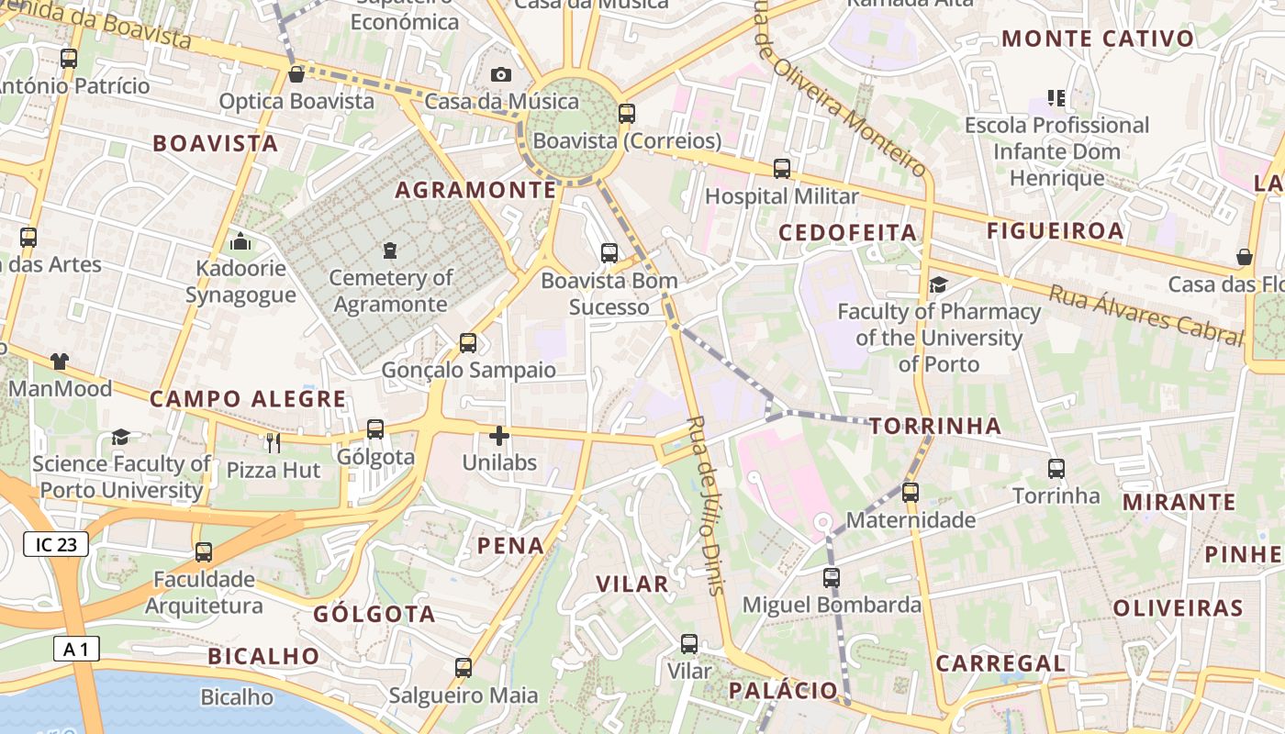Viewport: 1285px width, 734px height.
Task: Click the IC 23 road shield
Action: pos(56,545)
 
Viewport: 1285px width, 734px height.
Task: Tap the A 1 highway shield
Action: pos(76,650)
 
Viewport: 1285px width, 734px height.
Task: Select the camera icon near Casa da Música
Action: pos(500,74)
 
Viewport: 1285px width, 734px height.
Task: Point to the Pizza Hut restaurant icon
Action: pos(273,443)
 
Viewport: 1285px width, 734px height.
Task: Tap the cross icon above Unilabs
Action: pos(499,436)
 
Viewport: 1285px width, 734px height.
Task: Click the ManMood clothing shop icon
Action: pos(60,361)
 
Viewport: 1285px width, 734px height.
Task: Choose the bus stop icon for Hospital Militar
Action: pos(781,169)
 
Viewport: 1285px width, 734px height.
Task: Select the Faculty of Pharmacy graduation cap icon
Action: pos(938,284)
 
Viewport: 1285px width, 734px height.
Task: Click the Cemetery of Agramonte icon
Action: pos(390,250)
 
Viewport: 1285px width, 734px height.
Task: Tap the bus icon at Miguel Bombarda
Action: pos(831,578)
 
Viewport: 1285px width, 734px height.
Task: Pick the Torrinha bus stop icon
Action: pos(1056,469)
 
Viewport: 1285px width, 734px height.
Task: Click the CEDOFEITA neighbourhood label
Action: pos(847,233)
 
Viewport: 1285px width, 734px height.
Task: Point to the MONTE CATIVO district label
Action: pos(1098,39)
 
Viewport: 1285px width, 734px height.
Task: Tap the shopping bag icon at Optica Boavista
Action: pos(296,73)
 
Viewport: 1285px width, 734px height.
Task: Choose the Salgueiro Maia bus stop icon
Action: pos(464,668)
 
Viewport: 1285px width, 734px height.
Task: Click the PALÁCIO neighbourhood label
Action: pos(783,690)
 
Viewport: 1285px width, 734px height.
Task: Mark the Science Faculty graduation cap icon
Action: pos(120,437)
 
